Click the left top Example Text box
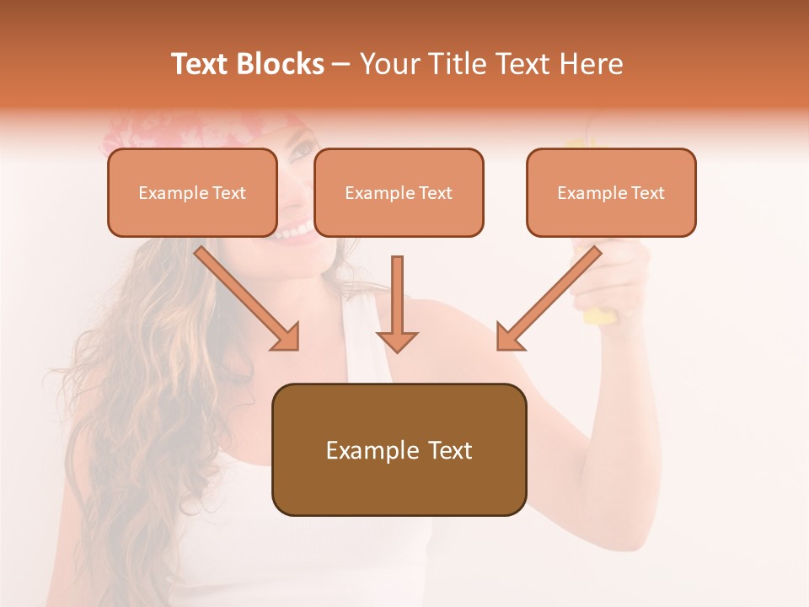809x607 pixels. (192, 192)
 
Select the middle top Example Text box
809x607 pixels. (399, 192)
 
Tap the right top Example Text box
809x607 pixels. (611, 192)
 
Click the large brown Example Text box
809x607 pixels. (399, 449)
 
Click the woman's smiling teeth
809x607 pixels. (295, 228)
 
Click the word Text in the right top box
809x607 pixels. (647, 192)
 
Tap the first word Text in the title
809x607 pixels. (200, 64)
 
